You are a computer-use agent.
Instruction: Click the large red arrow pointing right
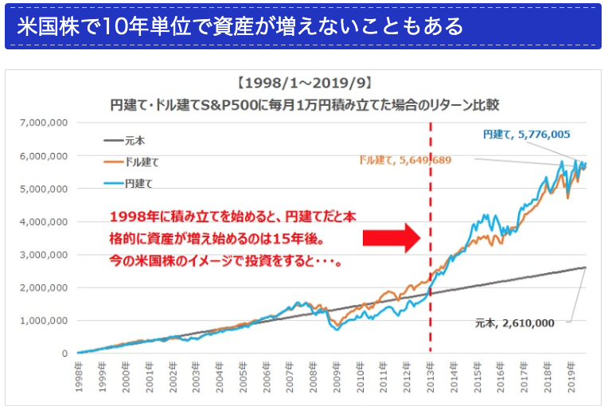(390, 237)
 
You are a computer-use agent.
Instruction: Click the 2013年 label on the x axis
(430, 373)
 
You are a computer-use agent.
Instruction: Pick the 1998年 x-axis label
(79, 373)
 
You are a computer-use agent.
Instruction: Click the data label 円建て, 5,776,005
(526, 135)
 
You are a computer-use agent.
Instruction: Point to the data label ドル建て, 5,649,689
(406, 160)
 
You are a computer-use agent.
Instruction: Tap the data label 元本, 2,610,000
(521, 323)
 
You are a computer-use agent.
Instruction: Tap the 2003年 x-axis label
(196, 373)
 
